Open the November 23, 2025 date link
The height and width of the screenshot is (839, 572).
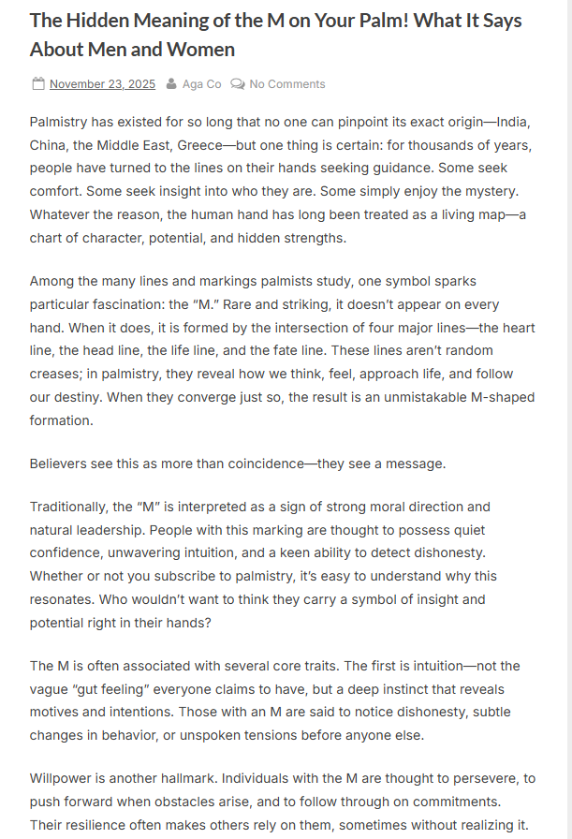[102, 84]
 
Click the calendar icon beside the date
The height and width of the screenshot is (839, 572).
[38, 84]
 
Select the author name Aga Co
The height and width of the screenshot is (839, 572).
[201, 84]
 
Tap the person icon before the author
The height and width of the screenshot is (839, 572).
[171, 84]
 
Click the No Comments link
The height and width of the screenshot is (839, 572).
[286, 84]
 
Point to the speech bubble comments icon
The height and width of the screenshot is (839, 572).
[238, 84]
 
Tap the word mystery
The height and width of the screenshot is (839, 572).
[485, 192]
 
